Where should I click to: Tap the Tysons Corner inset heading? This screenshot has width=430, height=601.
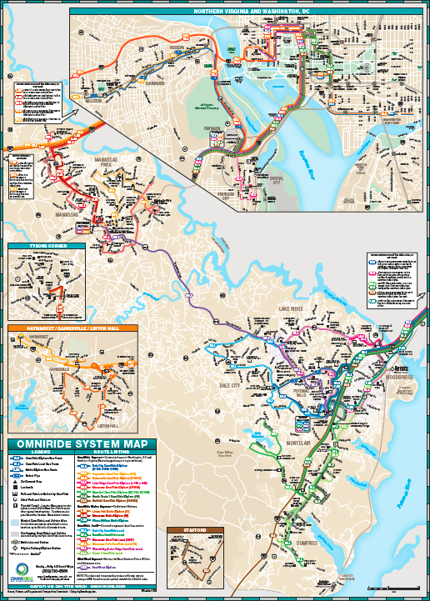[33, 247]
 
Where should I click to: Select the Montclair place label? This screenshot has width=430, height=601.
[297, 443]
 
